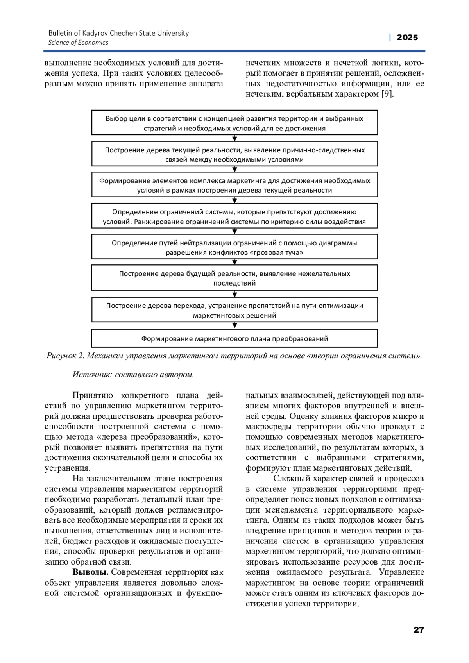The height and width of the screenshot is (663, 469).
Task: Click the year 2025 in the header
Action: click(x=407, y=38)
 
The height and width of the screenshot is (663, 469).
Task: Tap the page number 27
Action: click(x=419, y=630)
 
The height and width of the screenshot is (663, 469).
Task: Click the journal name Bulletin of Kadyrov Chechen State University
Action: click(x=118, y=33)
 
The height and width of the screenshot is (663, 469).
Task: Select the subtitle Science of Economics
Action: click(x=78, y=43)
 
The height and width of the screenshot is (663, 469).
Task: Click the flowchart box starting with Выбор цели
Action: click(x=234, y=123)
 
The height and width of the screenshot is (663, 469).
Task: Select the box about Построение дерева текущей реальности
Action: click(x=234, y=154)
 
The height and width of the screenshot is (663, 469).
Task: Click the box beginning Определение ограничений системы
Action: click(x=234, y=216)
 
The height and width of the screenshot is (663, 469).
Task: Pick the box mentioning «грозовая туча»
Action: click(x=234, y=247)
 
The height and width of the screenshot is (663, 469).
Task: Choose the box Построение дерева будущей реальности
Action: click(x=234, y=278)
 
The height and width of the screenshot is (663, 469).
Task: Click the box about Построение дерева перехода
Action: click(x=234, y=310)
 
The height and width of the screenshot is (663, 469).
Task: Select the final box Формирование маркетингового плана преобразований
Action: click(x=234, y=338)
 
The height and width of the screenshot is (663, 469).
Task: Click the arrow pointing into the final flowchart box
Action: click(x=234, y=325)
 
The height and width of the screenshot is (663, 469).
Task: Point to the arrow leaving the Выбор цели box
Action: click(x=234, y=138)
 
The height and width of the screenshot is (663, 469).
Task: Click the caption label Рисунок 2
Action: click(x=65, y=356)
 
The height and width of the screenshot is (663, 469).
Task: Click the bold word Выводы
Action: click(x=90, y=572)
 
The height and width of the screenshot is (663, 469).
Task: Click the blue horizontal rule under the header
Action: click(x=234, y=51)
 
